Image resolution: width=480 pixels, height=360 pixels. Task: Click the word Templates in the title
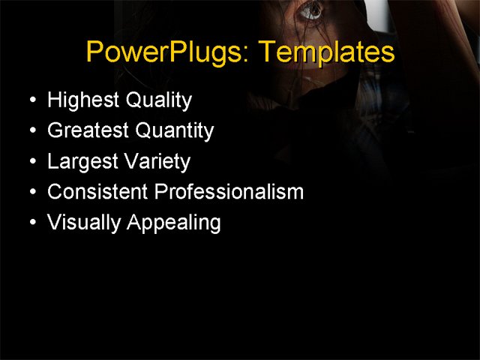[325, 52]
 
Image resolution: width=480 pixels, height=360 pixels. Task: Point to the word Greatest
[88, 131]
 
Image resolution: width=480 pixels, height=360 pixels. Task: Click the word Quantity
[175, 131]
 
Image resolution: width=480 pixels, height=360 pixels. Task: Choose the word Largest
[80, 162]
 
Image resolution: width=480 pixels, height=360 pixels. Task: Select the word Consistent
[97, 192]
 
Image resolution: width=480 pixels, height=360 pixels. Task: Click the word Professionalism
[229, 192]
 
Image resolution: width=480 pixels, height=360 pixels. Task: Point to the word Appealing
[173, 223]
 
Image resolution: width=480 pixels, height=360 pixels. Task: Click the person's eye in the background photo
[310, 10]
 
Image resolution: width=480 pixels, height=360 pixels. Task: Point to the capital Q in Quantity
[142, 131]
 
